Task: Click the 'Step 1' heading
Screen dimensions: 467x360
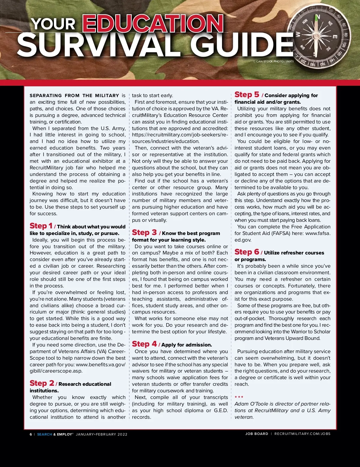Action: click(41, 226)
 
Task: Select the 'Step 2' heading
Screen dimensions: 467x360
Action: click(42, 383)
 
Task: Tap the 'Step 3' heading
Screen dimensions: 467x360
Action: click(144, 233)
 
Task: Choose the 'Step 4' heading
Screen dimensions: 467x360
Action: click(144, 344)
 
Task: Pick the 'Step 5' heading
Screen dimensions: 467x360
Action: click(247, 95)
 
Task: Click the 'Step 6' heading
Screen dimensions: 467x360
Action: click(247, 252)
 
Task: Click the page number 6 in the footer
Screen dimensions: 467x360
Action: click(31, 434)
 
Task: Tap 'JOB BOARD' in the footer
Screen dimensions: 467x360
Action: click(256, 434)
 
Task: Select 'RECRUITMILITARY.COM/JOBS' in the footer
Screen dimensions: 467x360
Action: click(302, 434)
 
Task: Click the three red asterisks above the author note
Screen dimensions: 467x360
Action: click(239, 397)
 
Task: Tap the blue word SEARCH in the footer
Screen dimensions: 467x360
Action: click(44, 434)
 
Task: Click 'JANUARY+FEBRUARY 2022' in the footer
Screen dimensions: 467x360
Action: click(102, 434)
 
